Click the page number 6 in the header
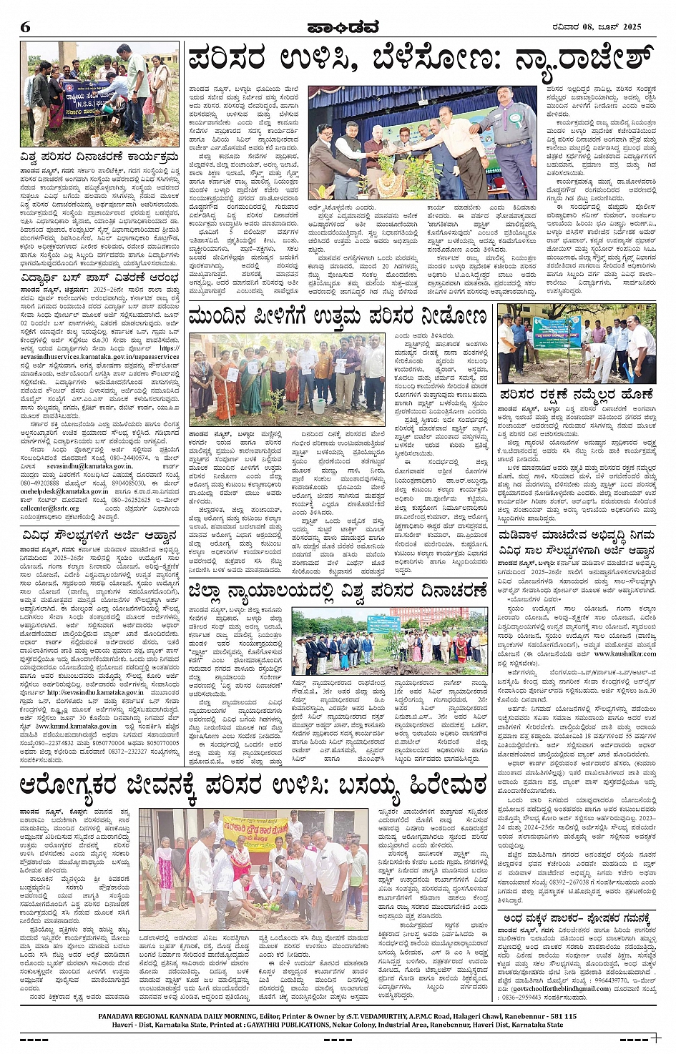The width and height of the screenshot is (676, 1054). tap(26, 27)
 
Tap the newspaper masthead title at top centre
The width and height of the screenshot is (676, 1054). tap(337, 27)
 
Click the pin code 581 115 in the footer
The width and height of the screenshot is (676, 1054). tap(562, 1016)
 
